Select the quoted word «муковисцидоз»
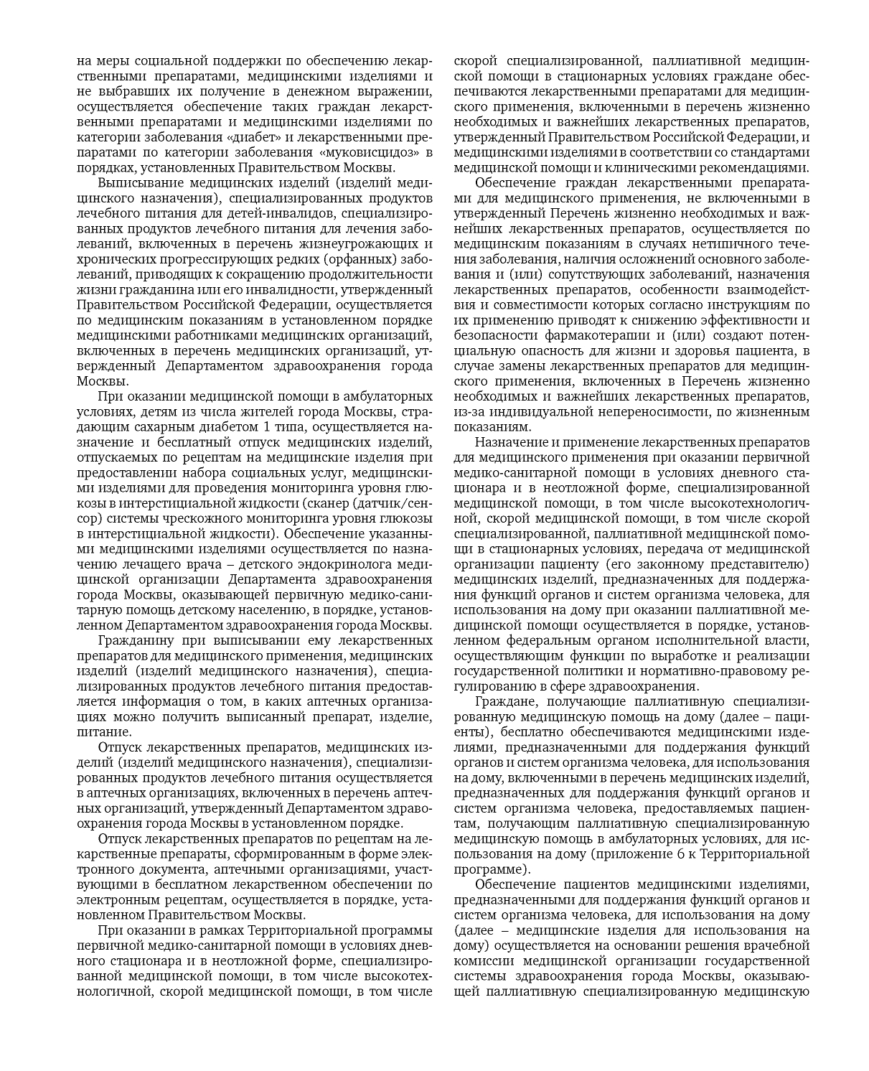370,153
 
